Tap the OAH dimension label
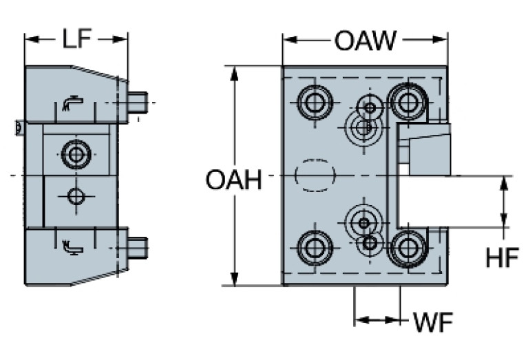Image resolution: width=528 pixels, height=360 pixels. coord(234,182)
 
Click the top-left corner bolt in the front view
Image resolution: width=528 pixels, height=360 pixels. coord(315,104)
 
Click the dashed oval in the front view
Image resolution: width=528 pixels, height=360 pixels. coord(315,175)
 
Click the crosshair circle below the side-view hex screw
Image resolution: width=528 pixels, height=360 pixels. coord(75,197)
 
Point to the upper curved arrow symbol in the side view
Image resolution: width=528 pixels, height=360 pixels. coord(70,103)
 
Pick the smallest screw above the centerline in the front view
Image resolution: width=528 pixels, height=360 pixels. coord(371,107)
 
